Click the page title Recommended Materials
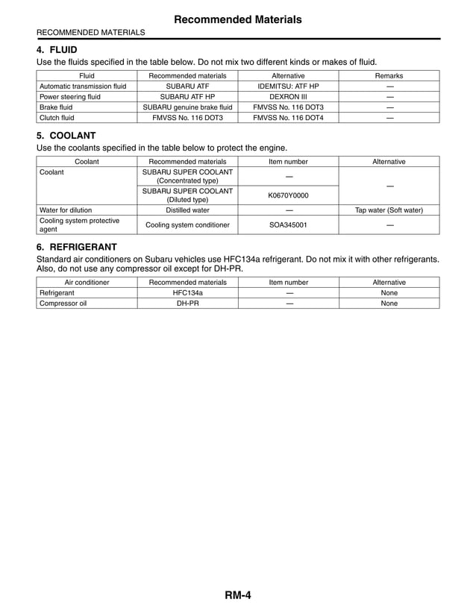[238, 19]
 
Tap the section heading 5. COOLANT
[66, 136]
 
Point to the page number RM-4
[237, 594]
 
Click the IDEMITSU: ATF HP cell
[288, 86]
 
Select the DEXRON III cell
[288, 96]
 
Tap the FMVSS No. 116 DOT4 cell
[288, 117]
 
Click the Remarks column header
[389, 75]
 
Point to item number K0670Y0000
[288, 195]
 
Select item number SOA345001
[288, 224]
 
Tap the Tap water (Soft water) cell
[389, 210]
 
